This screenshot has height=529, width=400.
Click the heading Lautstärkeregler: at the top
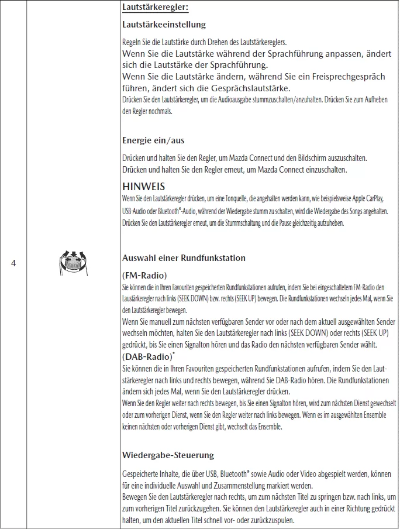pos(156,8)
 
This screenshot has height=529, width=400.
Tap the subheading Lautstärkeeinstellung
pos(164,25)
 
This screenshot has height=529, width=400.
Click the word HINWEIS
pos(144,186)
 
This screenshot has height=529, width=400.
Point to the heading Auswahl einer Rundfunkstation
pos(184,258)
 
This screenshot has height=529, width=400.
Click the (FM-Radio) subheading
pos(145,275)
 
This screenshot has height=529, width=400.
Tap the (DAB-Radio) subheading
pos(149,356)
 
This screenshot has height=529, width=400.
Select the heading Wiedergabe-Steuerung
pos(168,455)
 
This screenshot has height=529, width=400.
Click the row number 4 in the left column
pos(13,263)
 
